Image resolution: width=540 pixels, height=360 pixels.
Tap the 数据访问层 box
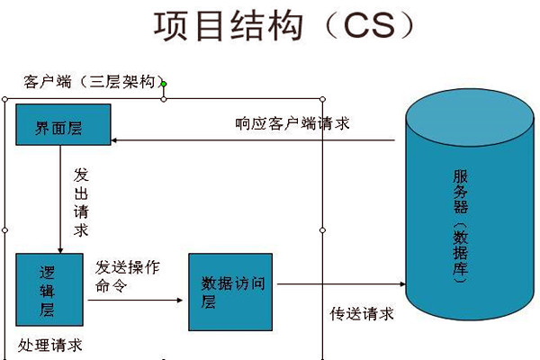(230, 292)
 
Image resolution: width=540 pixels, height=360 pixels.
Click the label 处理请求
(50, 345)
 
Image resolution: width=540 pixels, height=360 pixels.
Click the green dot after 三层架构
(164, 85)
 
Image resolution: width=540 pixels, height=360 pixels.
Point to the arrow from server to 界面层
(252, 140)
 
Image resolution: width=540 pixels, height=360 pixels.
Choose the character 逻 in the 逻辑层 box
(49, 273)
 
